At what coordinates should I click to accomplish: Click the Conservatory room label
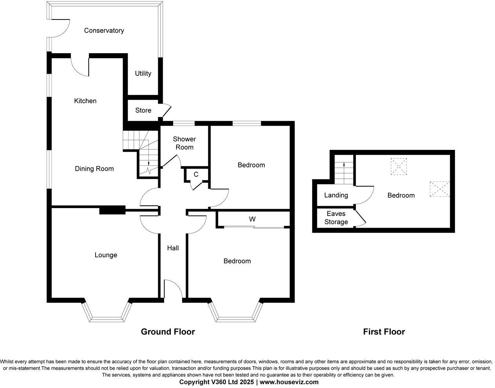coord(104,31)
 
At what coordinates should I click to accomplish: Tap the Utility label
coord(143,74)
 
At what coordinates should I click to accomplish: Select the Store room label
coord(143,110)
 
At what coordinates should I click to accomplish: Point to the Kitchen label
coord(85,101)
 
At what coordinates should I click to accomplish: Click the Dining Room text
coord(94,169)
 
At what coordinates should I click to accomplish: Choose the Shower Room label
coord(184,143)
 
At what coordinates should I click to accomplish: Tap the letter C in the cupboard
coord(196,174)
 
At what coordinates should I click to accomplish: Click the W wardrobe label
coord(252,219)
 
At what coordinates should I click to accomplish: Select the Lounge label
coord(106,255)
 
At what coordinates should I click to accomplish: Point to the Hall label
coord(173,248)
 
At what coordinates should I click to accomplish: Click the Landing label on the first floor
coord(336,195)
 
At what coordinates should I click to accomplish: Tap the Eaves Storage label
coord(336,218)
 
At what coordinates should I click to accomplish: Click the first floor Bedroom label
coord(401,195)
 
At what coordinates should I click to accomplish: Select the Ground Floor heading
coord(168,332)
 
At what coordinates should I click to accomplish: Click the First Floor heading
coord(384,332)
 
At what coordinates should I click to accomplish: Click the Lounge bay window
coord(106,315)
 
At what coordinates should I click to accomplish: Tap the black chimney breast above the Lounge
coord(112,210)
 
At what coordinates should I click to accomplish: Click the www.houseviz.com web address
coord(289,382)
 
